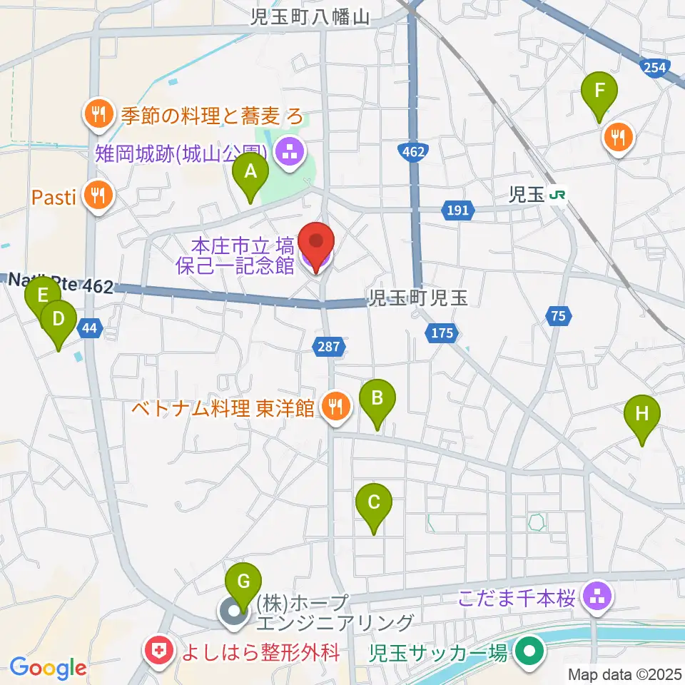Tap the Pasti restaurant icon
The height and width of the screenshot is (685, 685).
[98, 196]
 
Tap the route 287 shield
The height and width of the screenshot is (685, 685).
[329, 347]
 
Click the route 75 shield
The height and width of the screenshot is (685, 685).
[559, 315]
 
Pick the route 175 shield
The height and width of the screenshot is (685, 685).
[442, 333]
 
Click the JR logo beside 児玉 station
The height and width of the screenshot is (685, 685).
[558, 195]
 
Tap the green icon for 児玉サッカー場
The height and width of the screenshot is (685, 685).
[529, 651]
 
